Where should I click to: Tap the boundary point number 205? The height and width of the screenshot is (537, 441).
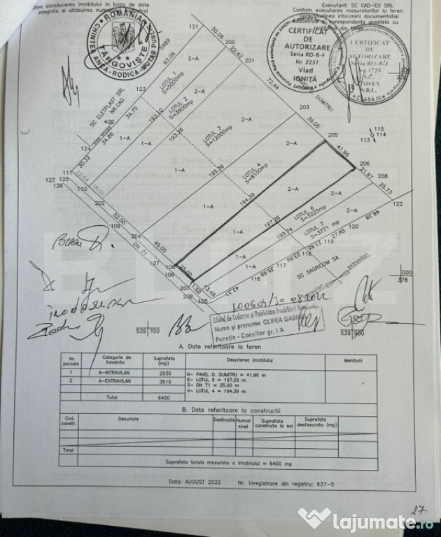[332, 134]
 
